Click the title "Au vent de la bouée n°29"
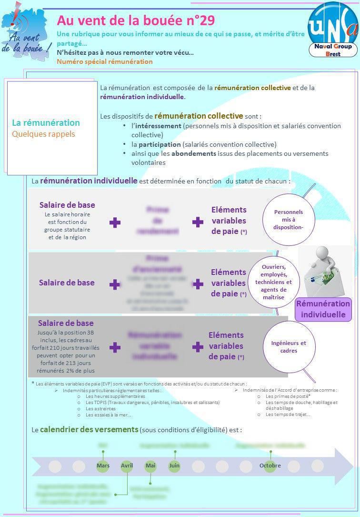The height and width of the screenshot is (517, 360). click(135, 20)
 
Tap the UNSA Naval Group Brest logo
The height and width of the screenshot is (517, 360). click(332, 31)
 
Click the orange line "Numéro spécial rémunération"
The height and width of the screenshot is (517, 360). click(104, 61)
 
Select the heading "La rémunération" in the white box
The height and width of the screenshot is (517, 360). click(46, 122)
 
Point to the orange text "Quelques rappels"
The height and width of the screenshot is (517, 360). click(43, 134)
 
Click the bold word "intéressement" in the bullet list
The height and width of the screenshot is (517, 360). click(158, 126)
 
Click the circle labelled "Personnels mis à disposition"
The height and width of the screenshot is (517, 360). click(288, 220)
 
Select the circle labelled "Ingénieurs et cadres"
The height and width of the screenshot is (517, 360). click(289, 347)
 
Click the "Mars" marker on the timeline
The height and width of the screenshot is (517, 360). click(103, 465)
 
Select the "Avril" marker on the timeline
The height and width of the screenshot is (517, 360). click(127, 465)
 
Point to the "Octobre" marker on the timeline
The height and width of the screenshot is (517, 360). click(270, 465)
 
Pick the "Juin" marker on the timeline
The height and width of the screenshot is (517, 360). click(174, 465)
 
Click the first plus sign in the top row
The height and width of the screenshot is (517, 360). click(115, 223)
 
